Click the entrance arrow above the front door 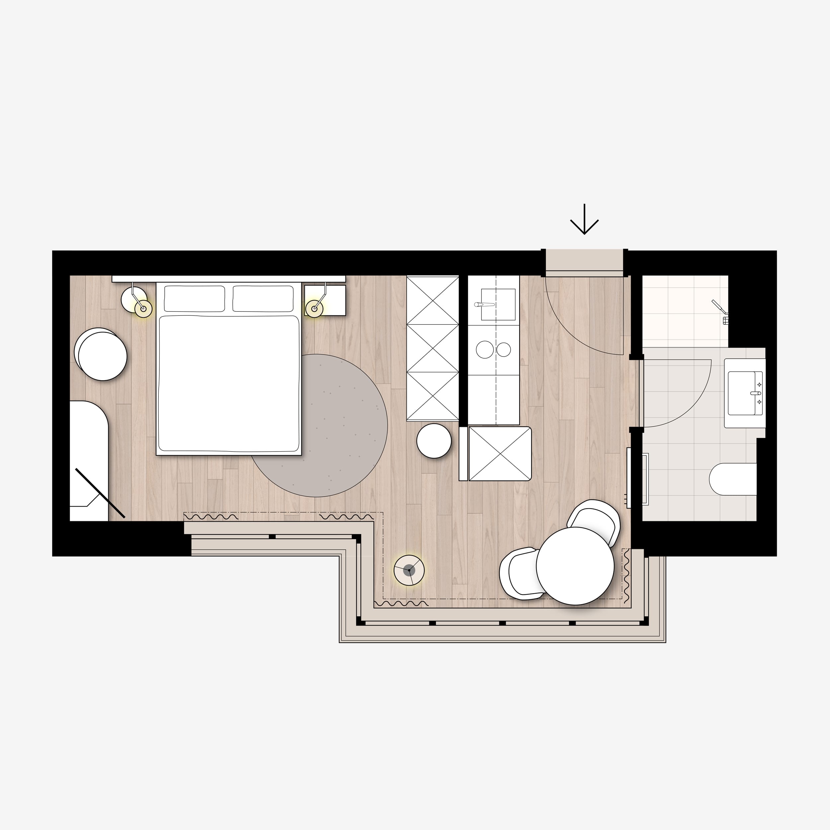tap(584, 220)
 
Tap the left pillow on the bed tap(194, 298)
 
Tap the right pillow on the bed tap(263, 298)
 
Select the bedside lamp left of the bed tap(143, 308)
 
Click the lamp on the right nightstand tap(314, 308)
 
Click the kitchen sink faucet tap(484, 304)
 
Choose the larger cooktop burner tap(485, 350)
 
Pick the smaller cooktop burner tap(504, 350)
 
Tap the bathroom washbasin tap(744, 393)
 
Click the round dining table tap(575, 566)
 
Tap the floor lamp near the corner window tap(409, 570)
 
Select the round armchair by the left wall tap(102, 355)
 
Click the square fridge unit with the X tap(500, 453)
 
